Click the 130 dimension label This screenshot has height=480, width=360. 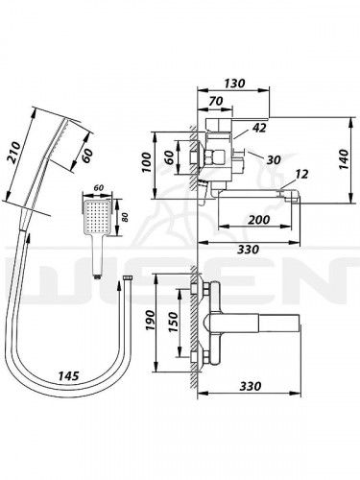(x=234, y=84)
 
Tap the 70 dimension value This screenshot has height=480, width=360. (x=216, y=101)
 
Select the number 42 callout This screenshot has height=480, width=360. (x=259, y=128)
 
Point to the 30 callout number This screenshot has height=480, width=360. (x=274, y=159)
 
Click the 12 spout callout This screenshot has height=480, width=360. (x=301, y=174)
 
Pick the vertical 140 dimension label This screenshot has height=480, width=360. (x=344, y=159)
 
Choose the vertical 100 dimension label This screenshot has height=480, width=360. (x=147, y=162)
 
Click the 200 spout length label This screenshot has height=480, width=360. (x=259, y=220)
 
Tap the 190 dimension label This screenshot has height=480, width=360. (x=150, y=321)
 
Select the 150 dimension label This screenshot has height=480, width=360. (x=173, y=323)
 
